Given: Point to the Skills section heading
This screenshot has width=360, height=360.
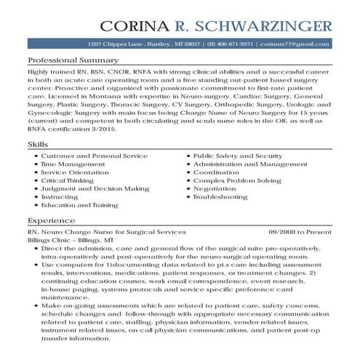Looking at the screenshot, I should point(38,145).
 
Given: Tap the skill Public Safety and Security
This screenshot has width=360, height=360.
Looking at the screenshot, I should point(237,156).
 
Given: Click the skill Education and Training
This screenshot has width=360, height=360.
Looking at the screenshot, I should point(79,206).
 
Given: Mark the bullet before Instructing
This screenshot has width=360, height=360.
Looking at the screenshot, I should point(35,197).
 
